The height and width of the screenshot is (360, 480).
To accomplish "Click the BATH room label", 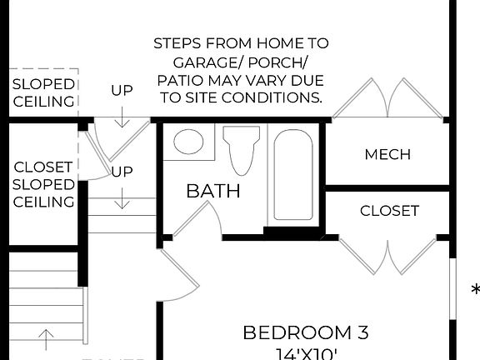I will [212, 191].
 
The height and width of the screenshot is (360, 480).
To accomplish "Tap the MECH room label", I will [387, 154].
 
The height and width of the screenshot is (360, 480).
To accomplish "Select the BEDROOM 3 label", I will [305, 332].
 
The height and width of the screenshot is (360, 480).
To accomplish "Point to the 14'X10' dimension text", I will [305, 353].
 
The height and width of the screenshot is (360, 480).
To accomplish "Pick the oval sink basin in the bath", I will [188, 142].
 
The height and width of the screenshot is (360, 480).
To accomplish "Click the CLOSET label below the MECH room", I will [389, 211].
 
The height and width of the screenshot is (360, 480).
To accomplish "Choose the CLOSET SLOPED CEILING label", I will [43, 184].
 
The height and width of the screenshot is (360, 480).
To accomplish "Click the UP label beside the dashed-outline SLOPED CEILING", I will [122, 90].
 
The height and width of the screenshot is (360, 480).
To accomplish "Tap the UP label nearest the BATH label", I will [122, 172].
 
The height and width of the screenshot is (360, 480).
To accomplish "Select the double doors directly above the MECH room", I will [387, 100].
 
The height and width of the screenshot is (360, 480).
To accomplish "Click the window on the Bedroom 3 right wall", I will [453, 287].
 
